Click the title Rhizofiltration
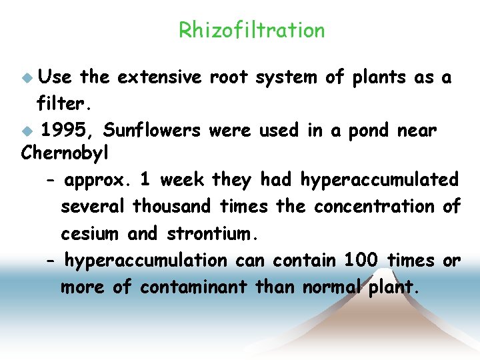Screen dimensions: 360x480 251,31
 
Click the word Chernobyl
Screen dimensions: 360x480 65,153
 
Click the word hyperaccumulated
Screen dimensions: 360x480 379,181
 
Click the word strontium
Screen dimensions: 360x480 211,234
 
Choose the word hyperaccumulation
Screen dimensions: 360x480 145,260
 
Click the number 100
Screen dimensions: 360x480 361,260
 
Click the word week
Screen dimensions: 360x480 182,181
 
